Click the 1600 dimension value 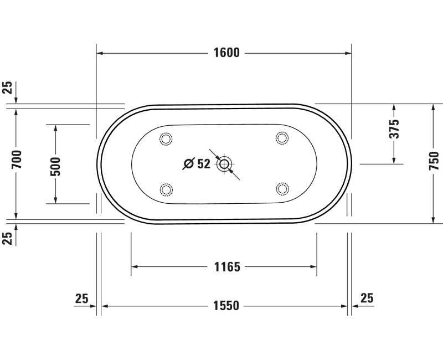pyautogui.click(x=226, y=53)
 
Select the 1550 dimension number pyautogui.click(x=226, y=306)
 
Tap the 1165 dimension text pyautogui.click(x=227, y=268)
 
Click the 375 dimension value pyautogui.click(x=394, y=128)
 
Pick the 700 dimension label pyautogui.click(x=16, y=159)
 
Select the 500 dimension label pyautogui.click(x=55, y=164)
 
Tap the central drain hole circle pyautogui.click(x=224, y=163)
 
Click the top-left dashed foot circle pyautogui.click(x=166, y=138)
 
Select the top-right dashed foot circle pyautogui.click(x=282, y=138)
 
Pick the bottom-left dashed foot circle pyautogui.click(x=166, y=189)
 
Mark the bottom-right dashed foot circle pyautogui.click(x=282, y=189)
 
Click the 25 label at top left pyautogui.click(x=7, y=88)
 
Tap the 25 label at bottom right pyautogui.click(x=367, y=298)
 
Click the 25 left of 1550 pyautogui.click(x=81, y=299)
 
